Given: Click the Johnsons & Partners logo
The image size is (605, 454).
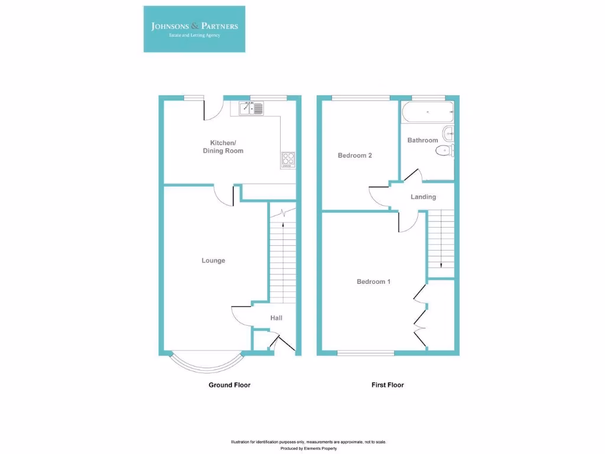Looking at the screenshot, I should click(x=194, y=29).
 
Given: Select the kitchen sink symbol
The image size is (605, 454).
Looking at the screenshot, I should click(x=253, y=108).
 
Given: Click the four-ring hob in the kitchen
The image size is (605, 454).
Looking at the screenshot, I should click(x=288, y=158).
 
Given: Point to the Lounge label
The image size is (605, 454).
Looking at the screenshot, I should click(x=213, y=260).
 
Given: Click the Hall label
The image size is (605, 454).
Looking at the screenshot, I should click(x=276, y=318).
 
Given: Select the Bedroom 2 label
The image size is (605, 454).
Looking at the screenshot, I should click(x=354, y=155).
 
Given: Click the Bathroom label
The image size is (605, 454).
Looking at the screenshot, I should click(x=422, y=140).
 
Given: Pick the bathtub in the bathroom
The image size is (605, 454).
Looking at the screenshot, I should click(x=427, y=112).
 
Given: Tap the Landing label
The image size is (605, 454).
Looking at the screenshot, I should click(x=423, y=197).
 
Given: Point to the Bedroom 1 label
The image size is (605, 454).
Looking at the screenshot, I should click(x=373, y=281).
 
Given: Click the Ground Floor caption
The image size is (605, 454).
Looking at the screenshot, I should click(x=229, y=385).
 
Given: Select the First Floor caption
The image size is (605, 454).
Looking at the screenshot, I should click(x=388, y=385).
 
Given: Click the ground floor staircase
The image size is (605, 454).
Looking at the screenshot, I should click(x=282, y=260).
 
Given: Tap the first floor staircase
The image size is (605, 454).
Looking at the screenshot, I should click(x=441, y=242).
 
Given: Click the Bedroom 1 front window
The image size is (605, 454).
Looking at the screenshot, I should click(x=366, y=353).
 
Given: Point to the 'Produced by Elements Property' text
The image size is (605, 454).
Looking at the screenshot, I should click(x=308, y=449).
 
